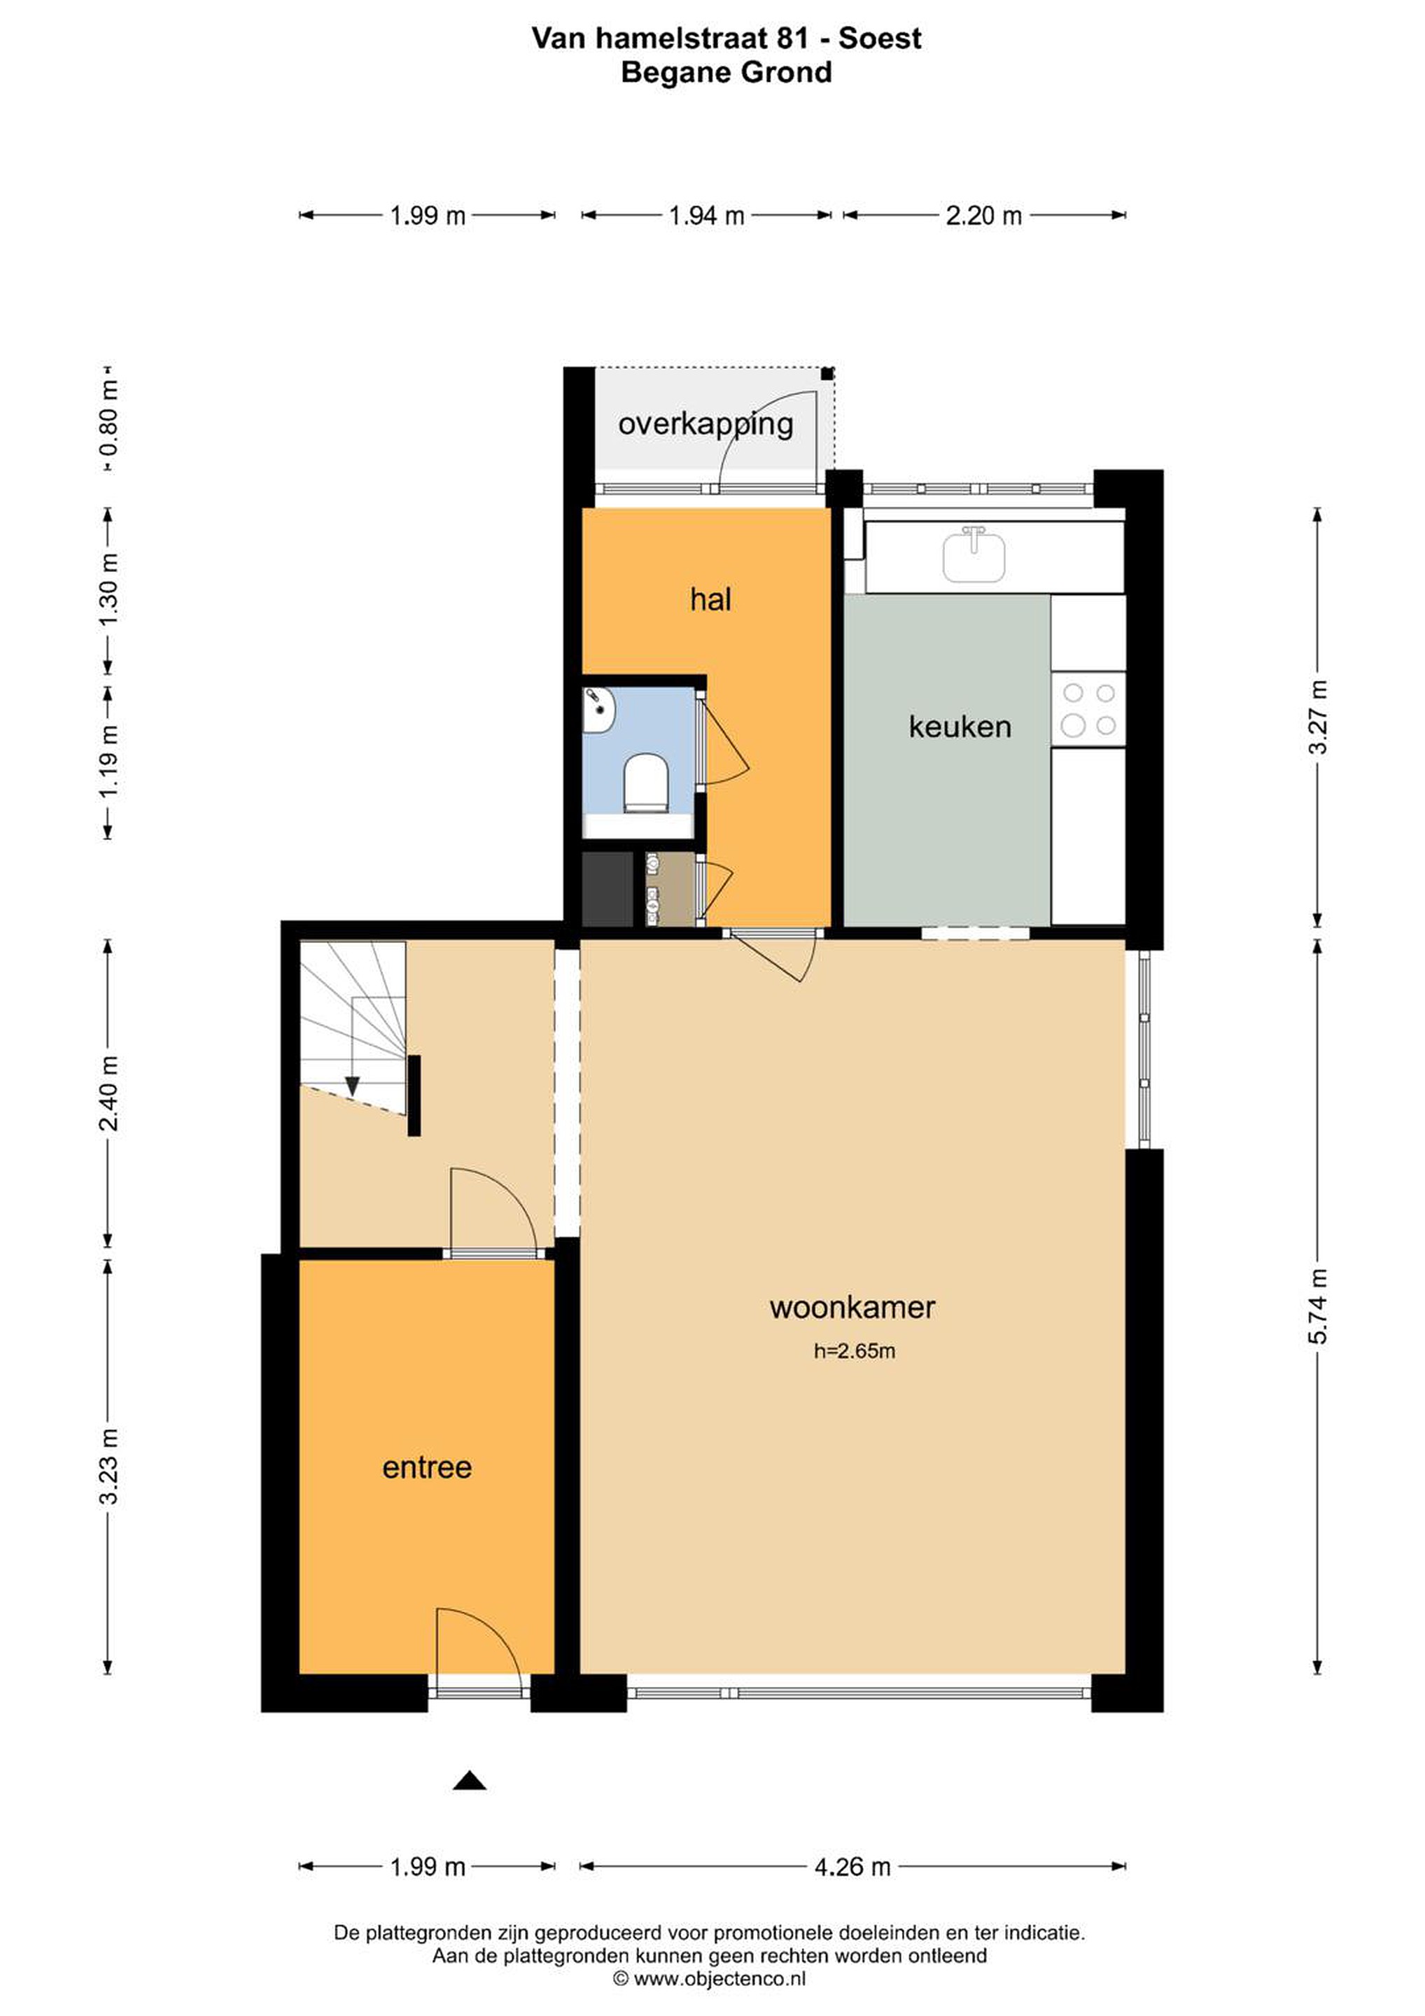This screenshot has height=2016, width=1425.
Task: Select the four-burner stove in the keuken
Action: (1089, 710)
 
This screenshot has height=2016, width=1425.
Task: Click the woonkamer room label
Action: (852, 1308)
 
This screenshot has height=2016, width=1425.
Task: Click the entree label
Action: (427, 1467)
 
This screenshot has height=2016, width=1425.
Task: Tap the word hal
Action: (710, 600)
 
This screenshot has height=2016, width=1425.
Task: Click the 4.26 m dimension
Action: (852, 1867)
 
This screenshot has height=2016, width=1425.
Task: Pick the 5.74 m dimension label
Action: (1317, 1306)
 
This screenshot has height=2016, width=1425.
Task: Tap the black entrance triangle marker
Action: (470, 1781)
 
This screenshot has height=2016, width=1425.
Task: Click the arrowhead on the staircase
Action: (352, 1086)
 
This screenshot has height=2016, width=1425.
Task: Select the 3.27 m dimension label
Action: (1317, 717)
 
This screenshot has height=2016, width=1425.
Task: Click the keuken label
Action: (960, 727)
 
